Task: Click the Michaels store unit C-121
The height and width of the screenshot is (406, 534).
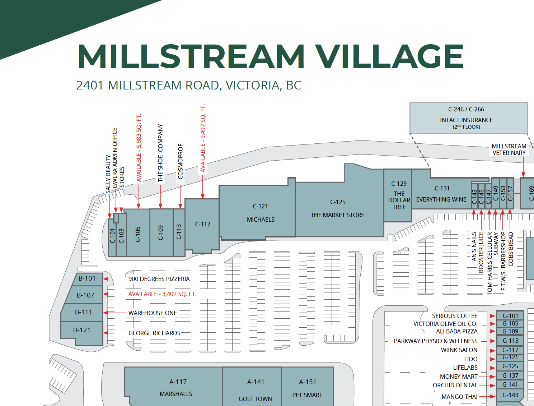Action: click(x=260, y=212)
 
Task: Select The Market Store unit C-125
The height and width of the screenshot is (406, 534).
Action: click(x=337, y=208)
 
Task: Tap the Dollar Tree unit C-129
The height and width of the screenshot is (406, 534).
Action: click(x=398, y=196)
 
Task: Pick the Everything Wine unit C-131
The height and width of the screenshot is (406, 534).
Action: click(x=441, y=194)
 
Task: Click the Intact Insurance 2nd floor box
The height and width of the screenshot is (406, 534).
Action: click(x=468, y=118)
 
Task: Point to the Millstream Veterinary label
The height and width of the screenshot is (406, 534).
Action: click(x=509, y=149)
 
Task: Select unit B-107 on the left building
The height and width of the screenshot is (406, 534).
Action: click(x=85, y=295)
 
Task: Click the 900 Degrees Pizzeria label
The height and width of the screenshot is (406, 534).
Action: click(x=159, y=279)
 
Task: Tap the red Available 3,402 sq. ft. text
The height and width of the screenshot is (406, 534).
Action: click(x=162, y=294)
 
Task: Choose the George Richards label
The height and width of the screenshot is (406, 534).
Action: click(x=154, y=333)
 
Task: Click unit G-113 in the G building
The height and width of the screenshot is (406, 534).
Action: click(x=510, y=341)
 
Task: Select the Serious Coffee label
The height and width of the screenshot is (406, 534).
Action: click(x=454, y=316)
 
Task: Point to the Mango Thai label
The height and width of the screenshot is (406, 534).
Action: click(x=459, y=397)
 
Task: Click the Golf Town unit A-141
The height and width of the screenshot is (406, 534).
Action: click(x=255, y=390)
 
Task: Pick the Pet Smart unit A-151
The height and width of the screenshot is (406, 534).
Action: click(x=307, y=388)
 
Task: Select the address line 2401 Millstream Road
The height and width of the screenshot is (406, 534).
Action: click(x=188, y=86)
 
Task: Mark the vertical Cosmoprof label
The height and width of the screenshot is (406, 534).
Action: click(x=181, y=161)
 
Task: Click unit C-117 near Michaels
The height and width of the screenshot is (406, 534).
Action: click(x=202, y=225)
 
